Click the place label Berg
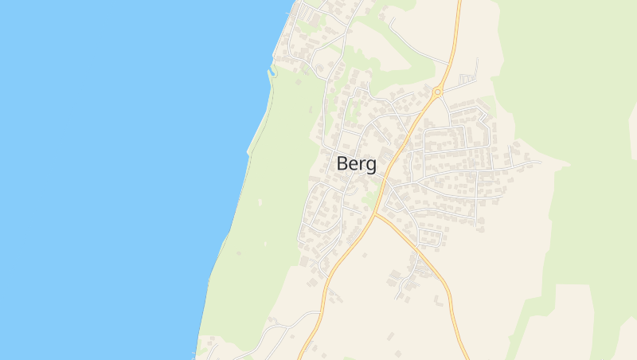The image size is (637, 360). (x=358, y=164)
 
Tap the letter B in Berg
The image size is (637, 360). (x=343, y=163)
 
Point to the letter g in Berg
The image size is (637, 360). (x=372, y=166)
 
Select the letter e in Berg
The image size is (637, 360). (x=355, y=165)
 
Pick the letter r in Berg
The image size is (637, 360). (x=364, y=165)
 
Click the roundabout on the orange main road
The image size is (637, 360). (x=437, y=92)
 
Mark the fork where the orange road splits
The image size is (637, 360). (x=377, y=213)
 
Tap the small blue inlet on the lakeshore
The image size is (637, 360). (x=271, y=72)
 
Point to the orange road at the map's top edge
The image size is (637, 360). (x=459, y=3)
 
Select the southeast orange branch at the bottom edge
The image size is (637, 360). (x=464, y=354)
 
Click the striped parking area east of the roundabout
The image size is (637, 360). (x=467, y=79)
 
